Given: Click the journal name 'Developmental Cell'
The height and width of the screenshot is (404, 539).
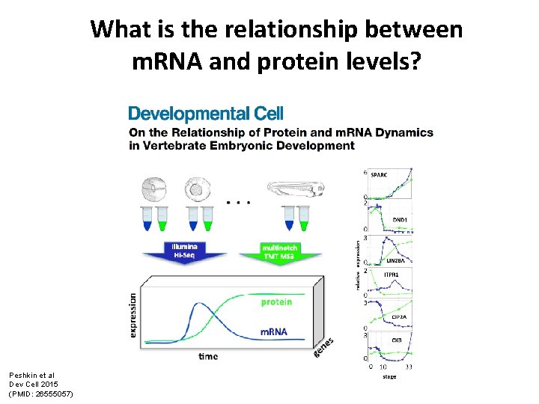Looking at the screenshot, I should (206, 114).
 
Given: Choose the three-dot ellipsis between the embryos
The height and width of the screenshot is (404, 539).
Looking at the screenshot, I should (238, 202).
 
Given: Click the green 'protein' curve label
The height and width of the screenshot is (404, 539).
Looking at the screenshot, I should (276, 302).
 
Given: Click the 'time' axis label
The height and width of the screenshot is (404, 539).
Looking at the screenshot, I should (208, 356).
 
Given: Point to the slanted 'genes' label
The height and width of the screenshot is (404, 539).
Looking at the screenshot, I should (324, 346).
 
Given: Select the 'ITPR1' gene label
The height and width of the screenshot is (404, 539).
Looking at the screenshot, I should (392, 275).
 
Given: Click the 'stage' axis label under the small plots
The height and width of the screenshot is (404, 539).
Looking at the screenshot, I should (389, 376).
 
